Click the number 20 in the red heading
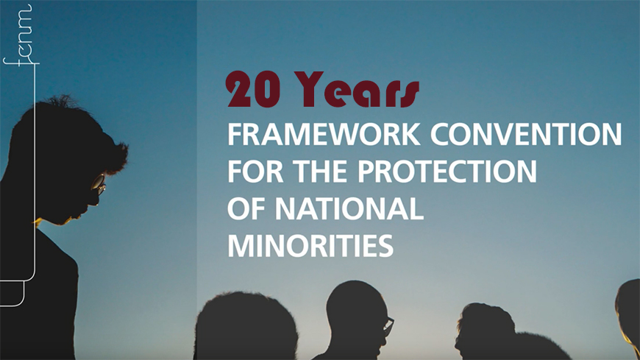253,90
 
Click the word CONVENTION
526,135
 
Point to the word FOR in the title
255,172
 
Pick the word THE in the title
321,172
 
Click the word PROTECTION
447,172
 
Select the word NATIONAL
349,208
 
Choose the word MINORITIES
310,245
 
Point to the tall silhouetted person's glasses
99,183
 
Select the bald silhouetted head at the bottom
357,317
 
